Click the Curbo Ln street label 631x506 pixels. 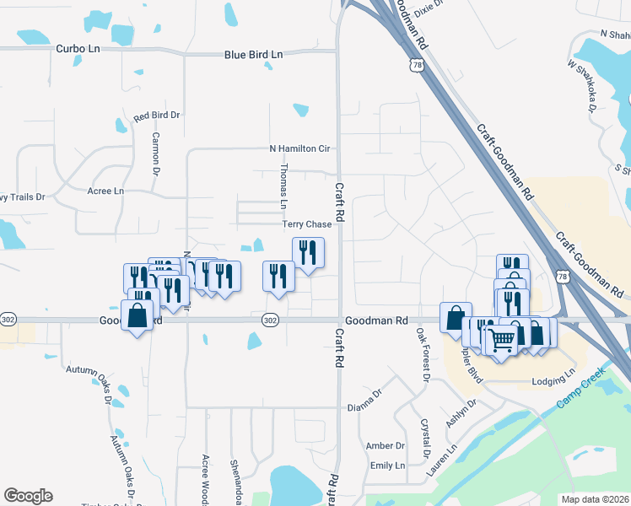point(78,49)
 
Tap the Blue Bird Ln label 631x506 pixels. point(254,55)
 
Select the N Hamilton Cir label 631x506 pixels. point(298,148)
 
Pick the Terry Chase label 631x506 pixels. point(307,224)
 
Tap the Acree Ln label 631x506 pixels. point(105,191)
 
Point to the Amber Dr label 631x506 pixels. point(385,445)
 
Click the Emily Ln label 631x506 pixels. point(387,466)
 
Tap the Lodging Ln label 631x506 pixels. point(553,382)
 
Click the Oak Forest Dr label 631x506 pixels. point(421,355)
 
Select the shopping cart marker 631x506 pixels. point(501,340)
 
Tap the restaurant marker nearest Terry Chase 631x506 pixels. point(308,251)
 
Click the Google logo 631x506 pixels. point(28,496)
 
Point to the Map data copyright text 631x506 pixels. point(595,499)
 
